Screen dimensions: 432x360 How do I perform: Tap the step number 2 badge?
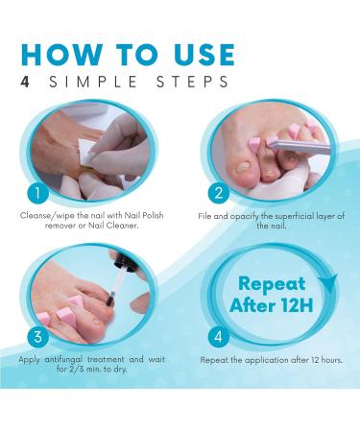tap(218, 192)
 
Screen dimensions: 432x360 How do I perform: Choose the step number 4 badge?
tap(218, 337)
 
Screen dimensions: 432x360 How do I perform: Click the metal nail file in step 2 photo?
tap(288, 146)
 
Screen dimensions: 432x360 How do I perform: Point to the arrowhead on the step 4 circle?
tap(332, 281)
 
